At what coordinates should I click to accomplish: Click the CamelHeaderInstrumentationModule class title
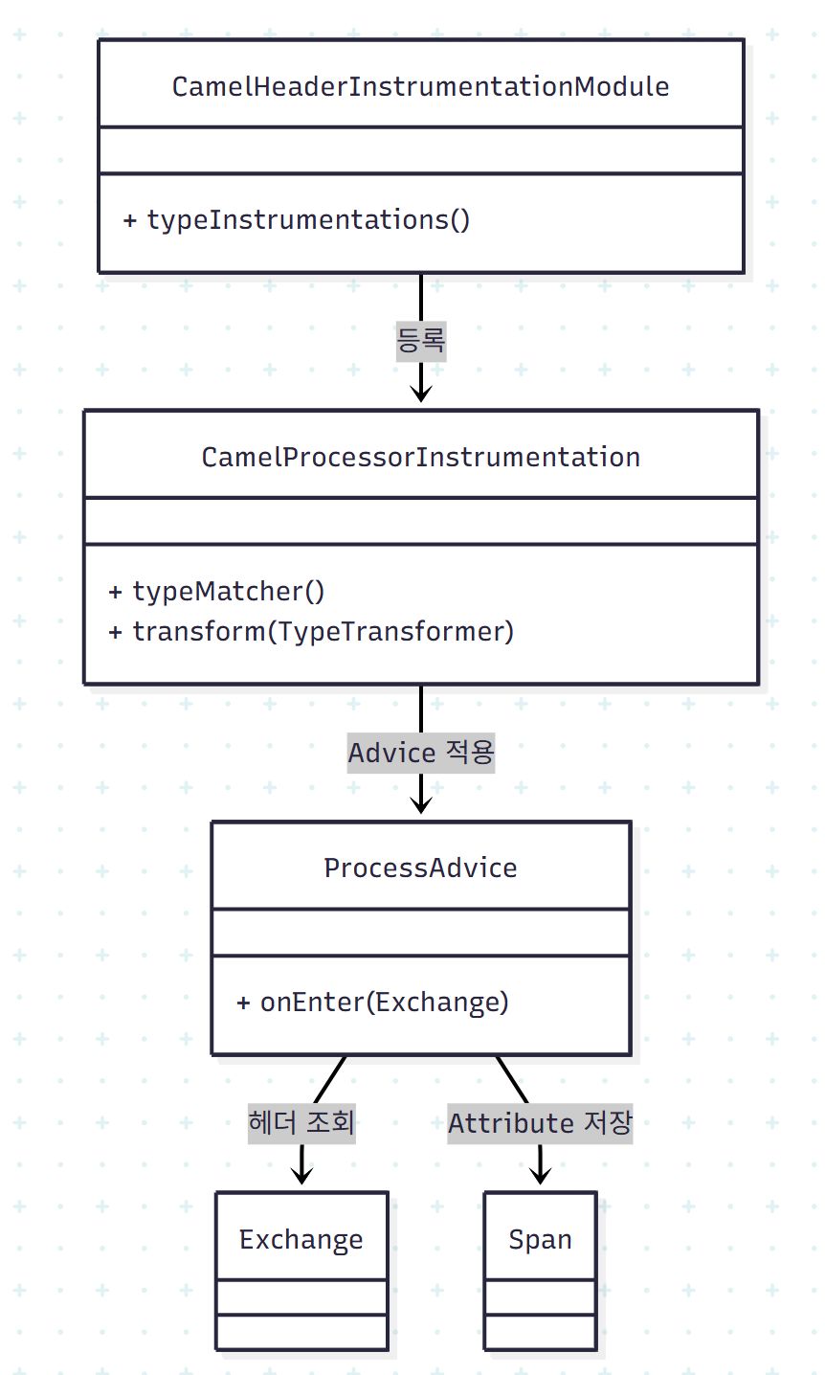pos(420,86)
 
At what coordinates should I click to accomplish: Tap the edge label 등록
pos(421,340)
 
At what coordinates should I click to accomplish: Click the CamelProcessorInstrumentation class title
pos(420,457)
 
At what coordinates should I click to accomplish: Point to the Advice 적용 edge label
pos(421,754)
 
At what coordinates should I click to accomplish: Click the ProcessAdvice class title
pos(420,868)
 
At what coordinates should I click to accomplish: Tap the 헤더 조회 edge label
pos(301,1122)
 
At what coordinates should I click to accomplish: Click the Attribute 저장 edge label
pos(540,1122)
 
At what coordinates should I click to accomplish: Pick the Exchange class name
pos(301,1239)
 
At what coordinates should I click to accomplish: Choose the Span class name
pos(540,1239)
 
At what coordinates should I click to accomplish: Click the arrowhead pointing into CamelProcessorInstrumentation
pos(421,394)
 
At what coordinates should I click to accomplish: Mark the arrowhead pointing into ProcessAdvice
pos(421,804)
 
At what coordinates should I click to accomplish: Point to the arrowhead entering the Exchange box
pos(301,1176)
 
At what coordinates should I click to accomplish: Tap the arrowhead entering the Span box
pos(540,1176)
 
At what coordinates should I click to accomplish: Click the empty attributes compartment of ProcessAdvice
pos(420,933)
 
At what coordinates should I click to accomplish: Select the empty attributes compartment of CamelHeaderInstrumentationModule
pos(420,150)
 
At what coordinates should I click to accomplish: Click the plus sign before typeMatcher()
pos(116,592)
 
